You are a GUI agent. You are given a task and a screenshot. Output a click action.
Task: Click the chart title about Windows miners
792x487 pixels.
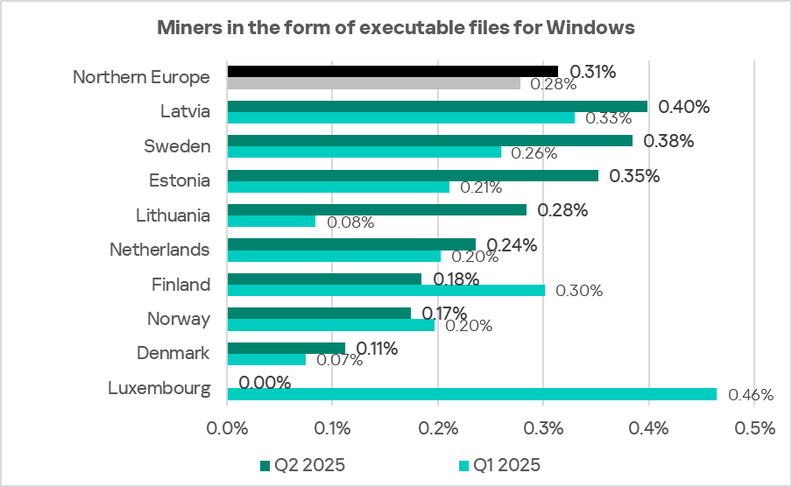click(x=395, y=28)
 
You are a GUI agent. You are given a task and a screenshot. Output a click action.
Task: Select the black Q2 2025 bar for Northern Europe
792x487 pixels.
click(x=392, y=71)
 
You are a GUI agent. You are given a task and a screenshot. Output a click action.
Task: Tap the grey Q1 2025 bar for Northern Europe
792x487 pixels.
click(x=373, y=83)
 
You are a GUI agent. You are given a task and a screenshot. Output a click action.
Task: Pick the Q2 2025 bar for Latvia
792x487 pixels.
click(x=437, y=106)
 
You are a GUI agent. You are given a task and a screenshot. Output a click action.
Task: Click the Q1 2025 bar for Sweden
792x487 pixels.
click(x=364, y=152)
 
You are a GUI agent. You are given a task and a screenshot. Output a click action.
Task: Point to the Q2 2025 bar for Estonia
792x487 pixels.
click(x=413, y=175)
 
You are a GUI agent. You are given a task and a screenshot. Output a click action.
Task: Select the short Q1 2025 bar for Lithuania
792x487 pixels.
click(x=272, y=222)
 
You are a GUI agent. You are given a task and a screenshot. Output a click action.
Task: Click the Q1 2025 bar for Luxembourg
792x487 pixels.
click(x=471, y=394)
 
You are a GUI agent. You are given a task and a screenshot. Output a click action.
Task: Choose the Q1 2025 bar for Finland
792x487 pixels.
click(x=385, y=290)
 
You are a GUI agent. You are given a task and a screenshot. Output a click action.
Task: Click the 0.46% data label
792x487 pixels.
click(x=753, y=395)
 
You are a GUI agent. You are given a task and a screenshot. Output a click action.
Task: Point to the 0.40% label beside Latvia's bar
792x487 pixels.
click(x=683, y=107)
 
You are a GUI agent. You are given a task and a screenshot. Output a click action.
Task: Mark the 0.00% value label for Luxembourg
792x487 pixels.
click(x=265, y=383)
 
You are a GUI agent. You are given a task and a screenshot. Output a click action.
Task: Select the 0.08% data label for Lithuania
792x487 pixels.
click(x=350, y=222)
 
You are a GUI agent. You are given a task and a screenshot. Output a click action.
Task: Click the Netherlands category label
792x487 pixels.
click(x=159, y=250)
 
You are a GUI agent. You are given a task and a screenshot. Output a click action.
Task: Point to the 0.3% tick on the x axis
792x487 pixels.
click(x=543, y=429)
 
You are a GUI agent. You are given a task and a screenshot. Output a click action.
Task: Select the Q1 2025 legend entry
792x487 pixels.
click(x=499, y=464)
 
